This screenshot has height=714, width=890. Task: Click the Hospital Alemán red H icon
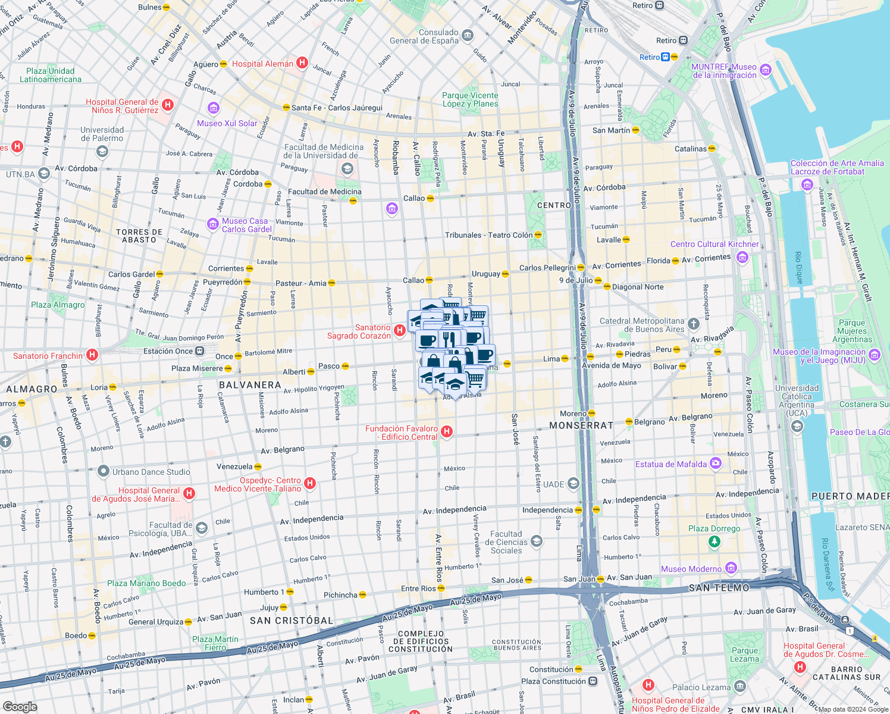pos(302,62)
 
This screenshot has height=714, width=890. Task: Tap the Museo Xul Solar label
pos(227,123)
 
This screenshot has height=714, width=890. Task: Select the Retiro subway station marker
pos(674,57)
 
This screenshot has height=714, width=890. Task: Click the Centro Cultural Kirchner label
pos(714,244)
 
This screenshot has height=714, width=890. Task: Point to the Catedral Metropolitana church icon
pos(693,324)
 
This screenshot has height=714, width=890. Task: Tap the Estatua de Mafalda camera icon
pos(716,463)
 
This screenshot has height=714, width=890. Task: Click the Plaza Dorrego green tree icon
pos(714,541)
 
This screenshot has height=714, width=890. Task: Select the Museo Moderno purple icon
pos(731,568)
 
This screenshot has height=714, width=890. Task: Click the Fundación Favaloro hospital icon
pos(447,431)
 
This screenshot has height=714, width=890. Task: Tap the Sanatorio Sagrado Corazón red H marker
pos(400,330)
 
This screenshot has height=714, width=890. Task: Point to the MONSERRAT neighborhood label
pos(581,425)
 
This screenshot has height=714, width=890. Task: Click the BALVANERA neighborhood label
pos(250,385)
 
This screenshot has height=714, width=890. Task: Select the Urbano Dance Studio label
pos(151,472)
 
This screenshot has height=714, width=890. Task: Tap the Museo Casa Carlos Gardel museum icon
pos(213,224)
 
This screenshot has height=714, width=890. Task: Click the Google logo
pos(20,706)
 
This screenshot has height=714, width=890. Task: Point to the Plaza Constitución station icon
pos(593,681)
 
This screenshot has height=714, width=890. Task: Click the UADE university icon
pos(573,484)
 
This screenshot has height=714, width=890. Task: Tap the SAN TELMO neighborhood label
pos(719,588)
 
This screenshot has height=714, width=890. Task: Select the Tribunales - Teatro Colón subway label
pos(488,235)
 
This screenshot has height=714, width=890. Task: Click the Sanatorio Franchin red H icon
pos(92,355)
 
